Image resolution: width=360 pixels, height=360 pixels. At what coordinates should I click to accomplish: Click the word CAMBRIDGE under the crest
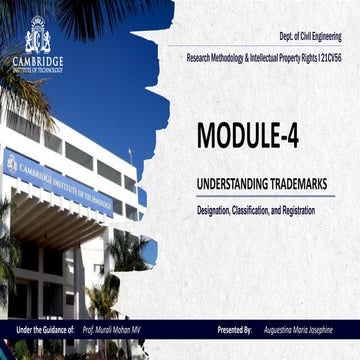(37, 61)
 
